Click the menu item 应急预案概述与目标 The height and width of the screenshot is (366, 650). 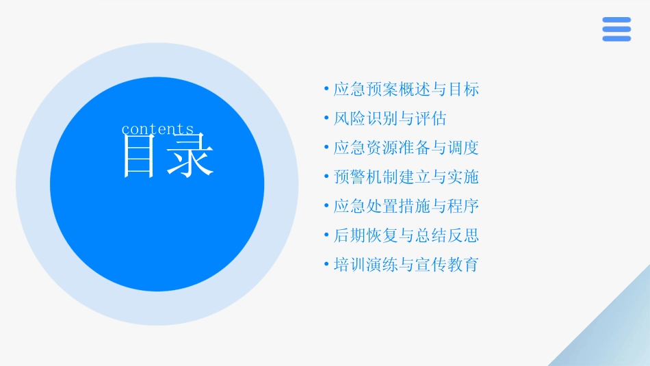pos(406,89)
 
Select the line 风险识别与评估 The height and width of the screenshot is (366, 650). pos(389,118)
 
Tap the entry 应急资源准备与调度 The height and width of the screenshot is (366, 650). pos(406,148)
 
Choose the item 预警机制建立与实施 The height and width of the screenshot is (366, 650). pos(406,177)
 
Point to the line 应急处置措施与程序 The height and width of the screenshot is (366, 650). pos(406,206)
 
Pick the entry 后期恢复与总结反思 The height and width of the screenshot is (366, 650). pos(406,235)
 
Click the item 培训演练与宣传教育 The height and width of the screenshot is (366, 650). pos(406,265)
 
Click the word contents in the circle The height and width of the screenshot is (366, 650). pos(158,129)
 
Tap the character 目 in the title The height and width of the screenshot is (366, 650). pos(139,157)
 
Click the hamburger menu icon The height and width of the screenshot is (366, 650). pos(616,29)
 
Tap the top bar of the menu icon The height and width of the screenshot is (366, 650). pos(616,20)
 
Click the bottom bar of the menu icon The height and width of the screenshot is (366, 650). pos(616,39)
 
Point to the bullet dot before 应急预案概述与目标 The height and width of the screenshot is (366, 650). pos(326,89)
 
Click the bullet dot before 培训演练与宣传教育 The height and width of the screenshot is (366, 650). pos(326,265)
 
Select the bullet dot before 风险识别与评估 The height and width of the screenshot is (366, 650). pos(326,118)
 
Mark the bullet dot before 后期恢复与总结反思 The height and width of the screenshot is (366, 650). pos(326,235)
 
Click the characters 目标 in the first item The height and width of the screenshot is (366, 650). pos(463,89)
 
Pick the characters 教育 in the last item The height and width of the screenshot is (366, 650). pos(463,265)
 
